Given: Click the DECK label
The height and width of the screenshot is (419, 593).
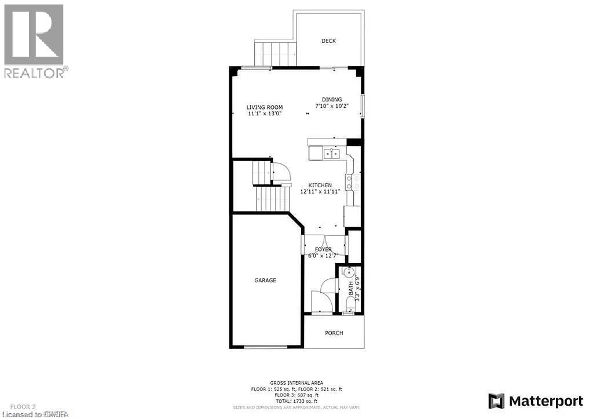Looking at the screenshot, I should [x=329, y=41].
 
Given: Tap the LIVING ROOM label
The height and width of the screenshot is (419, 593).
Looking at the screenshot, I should [x=265, y=107].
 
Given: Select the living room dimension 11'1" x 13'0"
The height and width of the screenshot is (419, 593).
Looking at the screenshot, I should [x=265, y=114].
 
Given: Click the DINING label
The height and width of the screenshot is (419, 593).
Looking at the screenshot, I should [x=332, y=100].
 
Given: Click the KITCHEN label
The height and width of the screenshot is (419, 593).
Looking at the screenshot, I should [x=320, y=185].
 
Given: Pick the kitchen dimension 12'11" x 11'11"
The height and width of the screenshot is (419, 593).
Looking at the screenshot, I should [x=320, y=191].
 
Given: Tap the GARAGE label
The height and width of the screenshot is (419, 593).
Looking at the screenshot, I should [x=265, y=280].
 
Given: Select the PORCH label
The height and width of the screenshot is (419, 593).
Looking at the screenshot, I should [x=334, y=333].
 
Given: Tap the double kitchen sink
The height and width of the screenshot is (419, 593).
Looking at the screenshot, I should [x=332, y=154].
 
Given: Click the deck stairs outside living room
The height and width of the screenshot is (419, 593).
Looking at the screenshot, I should [x=275, y=53].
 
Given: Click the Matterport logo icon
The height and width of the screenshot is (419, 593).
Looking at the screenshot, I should [x=496, y=400].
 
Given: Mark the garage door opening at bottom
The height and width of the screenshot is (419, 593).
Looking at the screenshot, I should [x=266, y=347].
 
